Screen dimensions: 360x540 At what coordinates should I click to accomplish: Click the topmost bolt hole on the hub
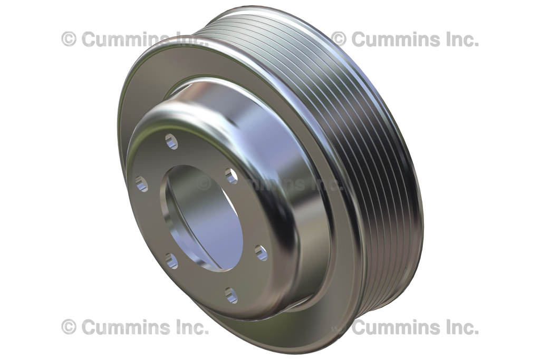pos(171,141)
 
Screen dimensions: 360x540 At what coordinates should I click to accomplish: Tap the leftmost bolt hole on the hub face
pos(141,183)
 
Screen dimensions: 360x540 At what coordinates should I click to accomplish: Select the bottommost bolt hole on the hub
pos(231,295)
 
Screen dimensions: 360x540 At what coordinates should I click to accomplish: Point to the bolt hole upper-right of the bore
pos(232,176)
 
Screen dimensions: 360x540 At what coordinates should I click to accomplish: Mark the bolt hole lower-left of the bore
pos(171,260)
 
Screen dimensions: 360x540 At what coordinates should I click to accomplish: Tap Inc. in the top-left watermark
pos(187,39)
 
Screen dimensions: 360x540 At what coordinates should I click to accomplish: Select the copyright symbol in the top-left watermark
pos(69,39)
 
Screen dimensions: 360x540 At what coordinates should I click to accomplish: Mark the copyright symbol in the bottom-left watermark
pos(69,327)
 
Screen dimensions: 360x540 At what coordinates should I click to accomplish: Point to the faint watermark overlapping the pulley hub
pos(269,183)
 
